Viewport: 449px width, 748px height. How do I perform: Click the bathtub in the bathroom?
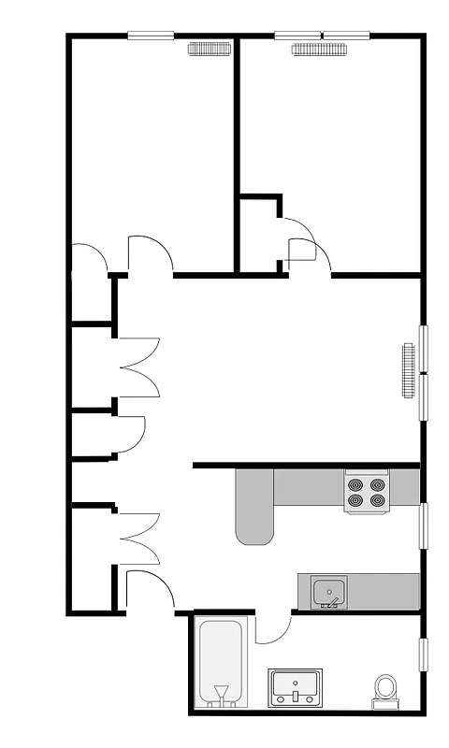point(221,654)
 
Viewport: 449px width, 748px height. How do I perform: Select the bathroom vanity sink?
point(296,687)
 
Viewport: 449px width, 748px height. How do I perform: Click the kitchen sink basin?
point(328,590)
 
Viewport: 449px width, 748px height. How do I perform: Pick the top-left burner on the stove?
point(355,485)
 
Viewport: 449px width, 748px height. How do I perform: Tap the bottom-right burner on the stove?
point(377,500)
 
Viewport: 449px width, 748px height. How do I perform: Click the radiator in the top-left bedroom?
point(210,50)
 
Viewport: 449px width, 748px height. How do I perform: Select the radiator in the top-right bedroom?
point(318,50)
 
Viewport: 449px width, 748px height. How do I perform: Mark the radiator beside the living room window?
point(408,370)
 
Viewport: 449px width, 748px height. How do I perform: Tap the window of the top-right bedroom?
point(321,36)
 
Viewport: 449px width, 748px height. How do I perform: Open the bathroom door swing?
point(271,628)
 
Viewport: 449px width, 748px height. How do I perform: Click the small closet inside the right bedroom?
point(258,234)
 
